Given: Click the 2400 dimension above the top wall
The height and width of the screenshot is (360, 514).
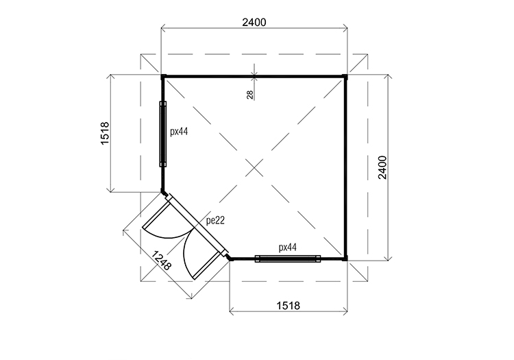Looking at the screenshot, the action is pyautogui.click(x=254, y=23).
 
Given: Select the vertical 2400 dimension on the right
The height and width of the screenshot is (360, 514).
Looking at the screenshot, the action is pyautogui.click(x=382, y=167).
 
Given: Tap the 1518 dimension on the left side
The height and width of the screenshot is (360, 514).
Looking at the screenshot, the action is pyautogui.click(x=105, y=134).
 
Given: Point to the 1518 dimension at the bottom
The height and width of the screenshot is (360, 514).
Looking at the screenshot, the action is pyautogui.click(x=288, y=306).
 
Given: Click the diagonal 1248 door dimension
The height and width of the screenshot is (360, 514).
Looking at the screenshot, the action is pyautogui.click(x=161, y=261).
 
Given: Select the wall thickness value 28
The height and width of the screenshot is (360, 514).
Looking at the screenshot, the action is pyautogui.click(x=249, y=95).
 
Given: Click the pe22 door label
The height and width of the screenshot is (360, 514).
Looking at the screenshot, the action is pyautogui.click(x=215, y=221).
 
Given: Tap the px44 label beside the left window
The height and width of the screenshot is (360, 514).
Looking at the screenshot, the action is pyautogui.click(x=179, y=132).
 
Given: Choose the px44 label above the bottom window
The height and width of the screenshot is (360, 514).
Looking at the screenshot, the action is pyautogui.click(x=287, y=248).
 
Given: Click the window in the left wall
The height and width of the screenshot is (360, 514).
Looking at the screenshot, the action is pyautogui.click(x=163, y=134).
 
